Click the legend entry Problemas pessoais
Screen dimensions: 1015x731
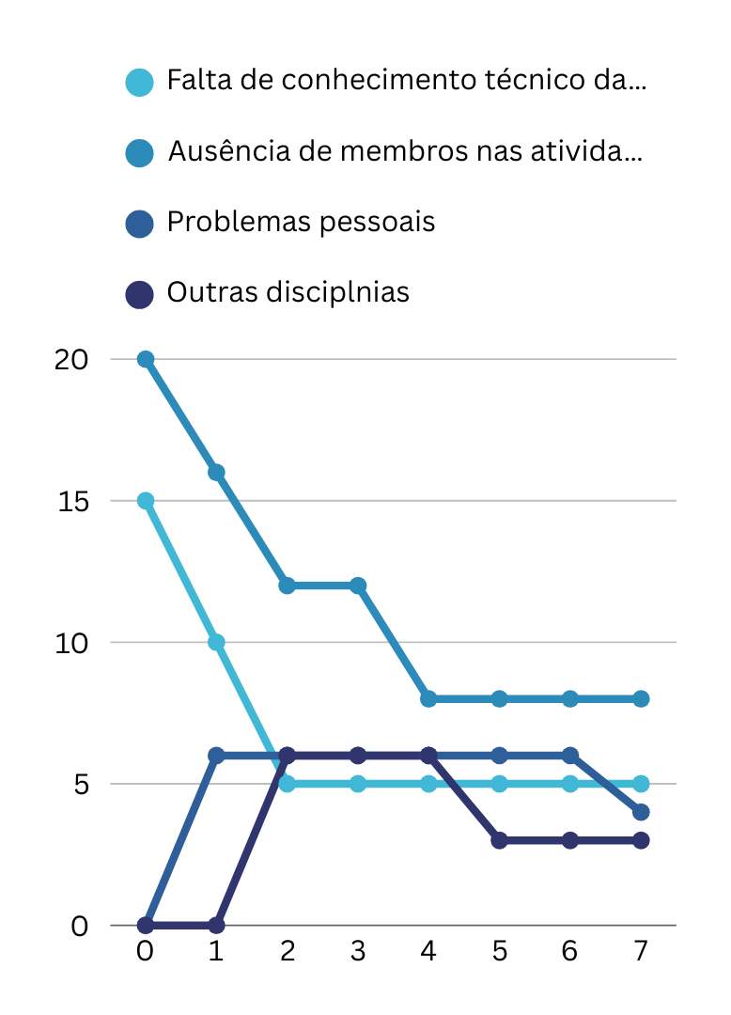301,223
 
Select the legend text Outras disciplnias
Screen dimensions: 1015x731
288,292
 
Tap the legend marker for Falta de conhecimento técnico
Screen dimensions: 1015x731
139,82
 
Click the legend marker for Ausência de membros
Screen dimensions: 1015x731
139,152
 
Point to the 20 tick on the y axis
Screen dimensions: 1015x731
70,359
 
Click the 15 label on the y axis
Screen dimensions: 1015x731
71,501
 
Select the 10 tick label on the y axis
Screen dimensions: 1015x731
71,643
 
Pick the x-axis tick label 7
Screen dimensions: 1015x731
641,951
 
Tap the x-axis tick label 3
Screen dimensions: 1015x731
358,951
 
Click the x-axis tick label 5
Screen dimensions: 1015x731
499,951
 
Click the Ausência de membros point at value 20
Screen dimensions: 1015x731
146,359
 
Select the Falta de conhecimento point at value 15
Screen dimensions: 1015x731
146,501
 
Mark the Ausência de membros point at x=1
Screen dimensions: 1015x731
216,473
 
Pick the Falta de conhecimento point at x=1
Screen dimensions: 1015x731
216,643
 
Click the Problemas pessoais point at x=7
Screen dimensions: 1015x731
641,812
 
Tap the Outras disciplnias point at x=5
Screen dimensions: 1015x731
499,840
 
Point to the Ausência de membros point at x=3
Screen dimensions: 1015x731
358,586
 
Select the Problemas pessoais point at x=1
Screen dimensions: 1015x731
216,756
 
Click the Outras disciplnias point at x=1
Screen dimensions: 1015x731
216,926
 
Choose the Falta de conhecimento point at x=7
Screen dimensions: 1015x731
641,784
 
